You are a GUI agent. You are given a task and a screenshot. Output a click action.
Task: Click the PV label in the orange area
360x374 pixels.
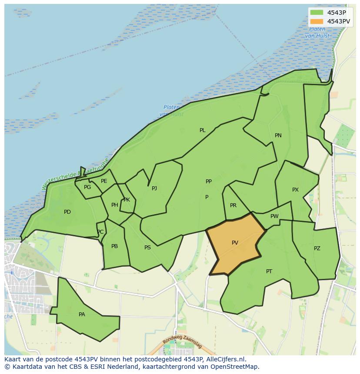point(235,243)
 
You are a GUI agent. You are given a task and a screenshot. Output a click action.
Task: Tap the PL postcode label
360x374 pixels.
point(202,130)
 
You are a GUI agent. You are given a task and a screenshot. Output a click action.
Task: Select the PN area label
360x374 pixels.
point(278,136)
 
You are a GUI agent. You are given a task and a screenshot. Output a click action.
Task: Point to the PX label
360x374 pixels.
point(295,190)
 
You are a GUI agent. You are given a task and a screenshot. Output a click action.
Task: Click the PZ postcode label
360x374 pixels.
point(317,248)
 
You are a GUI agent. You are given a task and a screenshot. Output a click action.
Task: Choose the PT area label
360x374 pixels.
point(269,271)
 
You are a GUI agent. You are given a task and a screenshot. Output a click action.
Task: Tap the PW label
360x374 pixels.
point(274,216)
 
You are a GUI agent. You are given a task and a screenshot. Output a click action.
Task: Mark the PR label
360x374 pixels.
point(233,205)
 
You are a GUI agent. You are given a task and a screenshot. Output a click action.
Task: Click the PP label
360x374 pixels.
point(209,182)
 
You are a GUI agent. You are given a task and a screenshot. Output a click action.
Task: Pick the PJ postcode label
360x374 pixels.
point(154,189)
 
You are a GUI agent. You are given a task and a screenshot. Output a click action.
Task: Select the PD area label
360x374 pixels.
point(67,212)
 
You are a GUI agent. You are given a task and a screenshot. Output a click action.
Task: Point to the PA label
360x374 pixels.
point(82,314)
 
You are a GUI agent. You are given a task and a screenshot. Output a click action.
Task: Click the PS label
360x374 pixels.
point(147,248)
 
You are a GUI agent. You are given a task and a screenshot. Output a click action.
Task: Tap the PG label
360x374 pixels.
point(87,187)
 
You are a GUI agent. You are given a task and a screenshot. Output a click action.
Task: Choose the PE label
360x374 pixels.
point(104,181)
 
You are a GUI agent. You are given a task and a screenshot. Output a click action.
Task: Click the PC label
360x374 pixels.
point(100,232)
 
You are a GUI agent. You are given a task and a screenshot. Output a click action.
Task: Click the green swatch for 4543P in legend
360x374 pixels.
point(317,13)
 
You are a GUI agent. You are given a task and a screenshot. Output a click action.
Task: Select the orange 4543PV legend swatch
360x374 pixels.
point(317,21)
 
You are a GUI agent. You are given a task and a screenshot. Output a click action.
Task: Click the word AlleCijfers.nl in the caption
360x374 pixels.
point(226,359)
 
